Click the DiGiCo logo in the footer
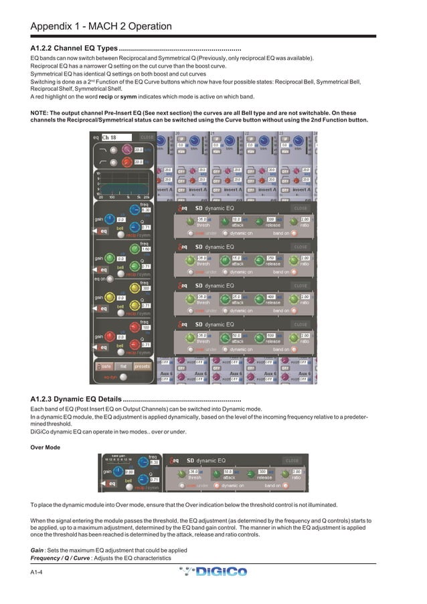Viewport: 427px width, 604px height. tap(213, 572)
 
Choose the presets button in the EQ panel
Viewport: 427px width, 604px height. tap(143, 366)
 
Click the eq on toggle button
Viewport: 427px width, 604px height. tap(101, 278)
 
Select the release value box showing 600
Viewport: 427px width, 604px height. tap(271, 335)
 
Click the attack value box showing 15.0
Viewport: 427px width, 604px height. tap(238, 258)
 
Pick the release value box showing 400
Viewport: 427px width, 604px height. tap(271, 296)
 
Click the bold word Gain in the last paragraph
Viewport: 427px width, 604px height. tap(37, 550)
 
